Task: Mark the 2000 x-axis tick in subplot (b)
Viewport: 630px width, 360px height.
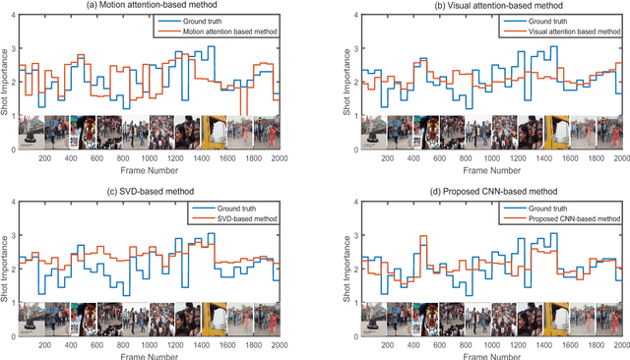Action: coord(619,157)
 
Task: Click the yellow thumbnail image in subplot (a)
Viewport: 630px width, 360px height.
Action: coord(214,132)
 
